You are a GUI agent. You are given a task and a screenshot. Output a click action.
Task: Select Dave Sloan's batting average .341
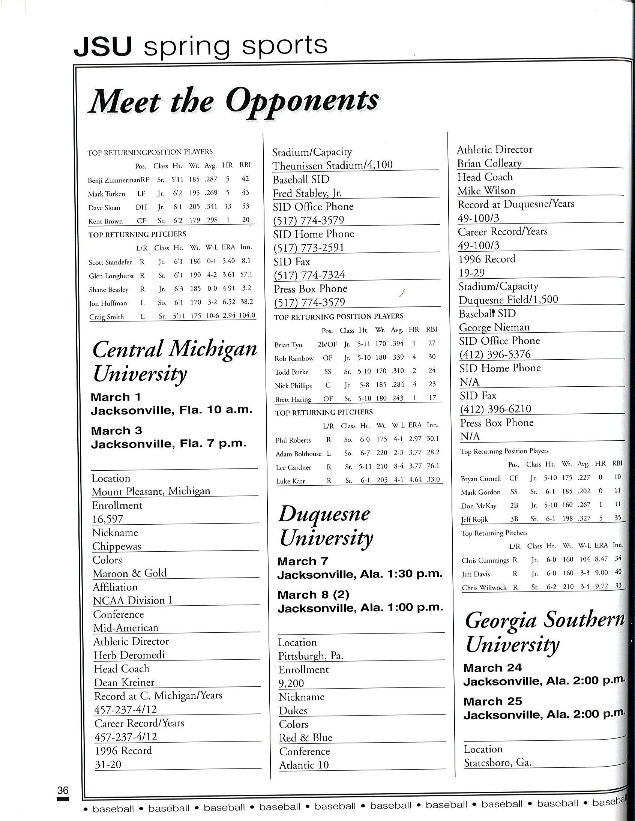click(211, 206)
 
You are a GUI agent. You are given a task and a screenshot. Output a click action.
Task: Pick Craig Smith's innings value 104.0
click(247, 315)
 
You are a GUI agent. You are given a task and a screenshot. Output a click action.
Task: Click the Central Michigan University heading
click(174, 361)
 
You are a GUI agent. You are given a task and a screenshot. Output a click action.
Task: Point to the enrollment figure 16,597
click(108, 519)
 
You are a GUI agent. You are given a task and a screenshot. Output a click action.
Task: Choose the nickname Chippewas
click(117, 546)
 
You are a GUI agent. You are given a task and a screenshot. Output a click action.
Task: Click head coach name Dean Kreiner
click(124, 682)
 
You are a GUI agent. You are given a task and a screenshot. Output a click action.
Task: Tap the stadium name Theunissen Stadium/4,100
click(332, 165)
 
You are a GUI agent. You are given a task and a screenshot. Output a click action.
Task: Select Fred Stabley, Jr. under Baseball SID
click(307, 193)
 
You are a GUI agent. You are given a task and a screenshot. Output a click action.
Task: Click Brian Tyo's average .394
click(397, 343)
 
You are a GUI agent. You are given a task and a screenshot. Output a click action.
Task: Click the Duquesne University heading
click(326, 525)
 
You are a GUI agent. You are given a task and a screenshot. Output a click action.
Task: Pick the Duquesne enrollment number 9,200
click(291, 683)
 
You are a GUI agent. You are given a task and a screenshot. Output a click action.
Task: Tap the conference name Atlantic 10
click(304, 765)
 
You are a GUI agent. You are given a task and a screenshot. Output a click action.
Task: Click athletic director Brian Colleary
click(489, 163)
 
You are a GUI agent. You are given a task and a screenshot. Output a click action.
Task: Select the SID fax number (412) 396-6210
click(495, 409)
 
